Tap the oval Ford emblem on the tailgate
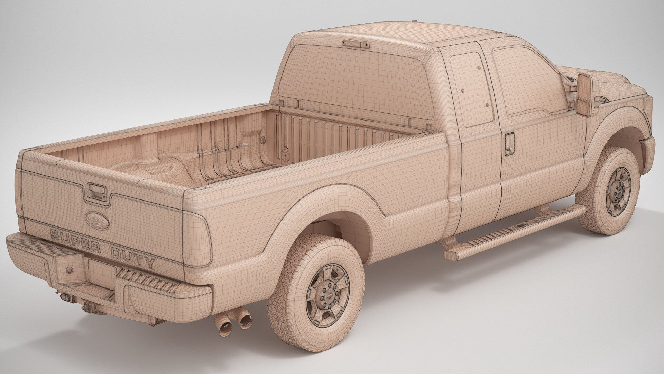coord(97,220)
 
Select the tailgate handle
coord(97,192)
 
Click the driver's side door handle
coord(509,144)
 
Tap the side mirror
coord(584,95)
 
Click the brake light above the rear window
coord(355,44)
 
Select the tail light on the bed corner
coord(197,239)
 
